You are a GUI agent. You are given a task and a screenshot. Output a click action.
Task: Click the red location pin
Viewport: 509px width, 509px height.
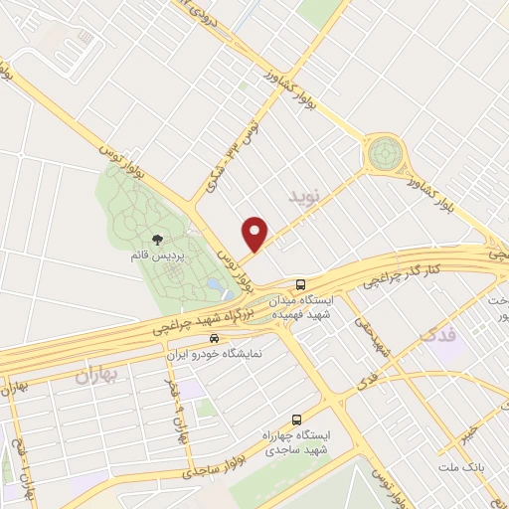tap(255, 233)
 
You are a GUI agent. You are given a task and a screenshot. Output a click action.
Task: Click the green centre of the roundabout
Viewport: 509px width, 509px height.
tap(384, 154)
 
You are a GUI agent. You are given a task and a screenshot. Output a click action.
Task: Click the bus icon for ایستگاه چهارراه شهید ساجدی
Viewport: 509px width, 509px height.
tap(296, 419)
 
